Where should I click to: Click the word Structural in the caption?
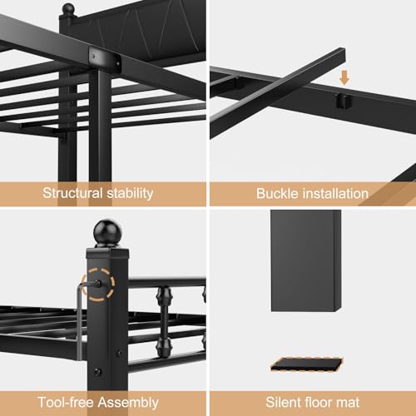pyautogui.click(x=72, y=193)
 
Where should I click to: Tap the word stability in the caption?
pyautogui.click(x=130, y=194)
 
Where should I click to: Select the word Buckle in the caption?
pyautogui.click(x=277, y=194)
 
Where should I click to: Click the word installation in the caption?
pyautogui.click(x=335, y=194)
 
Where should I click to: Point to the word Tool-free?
pyautogui.click(x=66, y=403)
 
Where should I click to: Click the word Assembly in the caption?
pyautogui.click(x=128, y=403)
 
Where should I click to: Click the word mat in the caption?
pyautogui.click(x=348, y=403)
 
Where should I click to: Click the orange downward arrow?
pyautogui.click(x=344, y=77)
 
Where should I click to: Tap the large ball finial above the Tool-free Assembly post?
pyautogui.click(x=107, y=232)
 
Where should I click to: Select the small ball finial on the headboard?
pyautogui.click(x=68, y=9)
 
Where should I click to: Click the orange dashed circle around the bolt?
pyautogui.click(x=98, y=285)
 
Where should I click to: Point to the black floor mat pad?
pyautogui.click(x=306, y=364)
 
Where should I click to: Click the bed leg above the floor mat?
pyautogui.click(x=306, y=260)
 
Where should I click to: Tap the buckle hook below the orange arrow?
pyautogui.click(x=344, y=101)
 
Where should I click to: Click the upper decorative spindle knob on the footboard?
pyautogui.click(x=164, y=296)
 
